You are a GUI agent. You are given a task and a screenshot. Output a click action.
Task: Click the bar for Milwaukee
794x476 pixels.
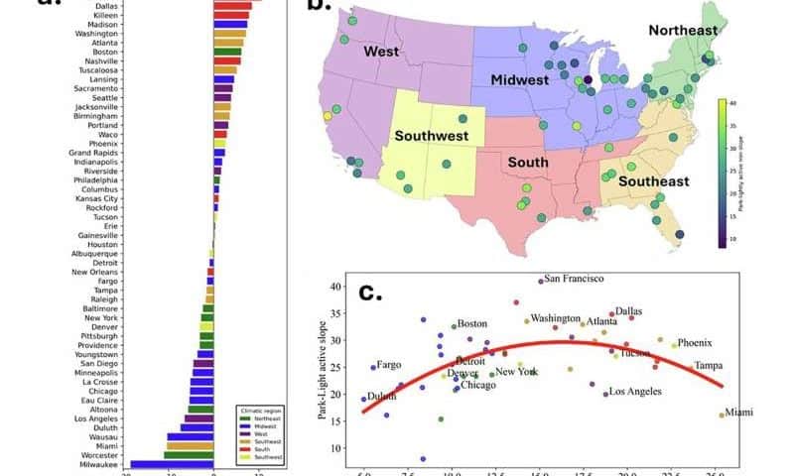[x=172, y=464]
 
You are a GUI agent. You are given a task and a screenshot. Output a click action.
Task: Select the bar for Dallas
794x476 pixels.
[x=234, y=6]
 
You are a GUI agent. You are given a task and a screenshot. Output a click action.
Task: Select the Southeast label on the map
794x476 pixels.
[x=654, y=181]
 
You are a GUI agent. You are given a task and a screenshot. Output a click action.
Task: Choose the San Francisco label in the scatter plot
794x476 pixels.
[x=575, y=279]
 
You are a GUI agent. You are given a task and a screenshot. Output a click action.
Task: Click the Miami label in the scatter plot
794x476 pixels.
[x=739, y=413]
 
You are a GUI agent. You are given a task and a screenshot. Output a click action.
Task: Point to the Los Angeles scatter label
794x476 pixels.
[x=635, y=392]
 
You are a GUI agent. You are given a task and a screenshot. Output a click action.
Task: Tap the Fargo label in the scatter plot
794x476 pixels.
[x=389, y=365]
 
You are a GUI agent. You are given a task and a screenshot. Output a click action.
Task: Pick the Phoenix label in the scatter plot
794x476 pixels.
[x=694, y=343]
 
